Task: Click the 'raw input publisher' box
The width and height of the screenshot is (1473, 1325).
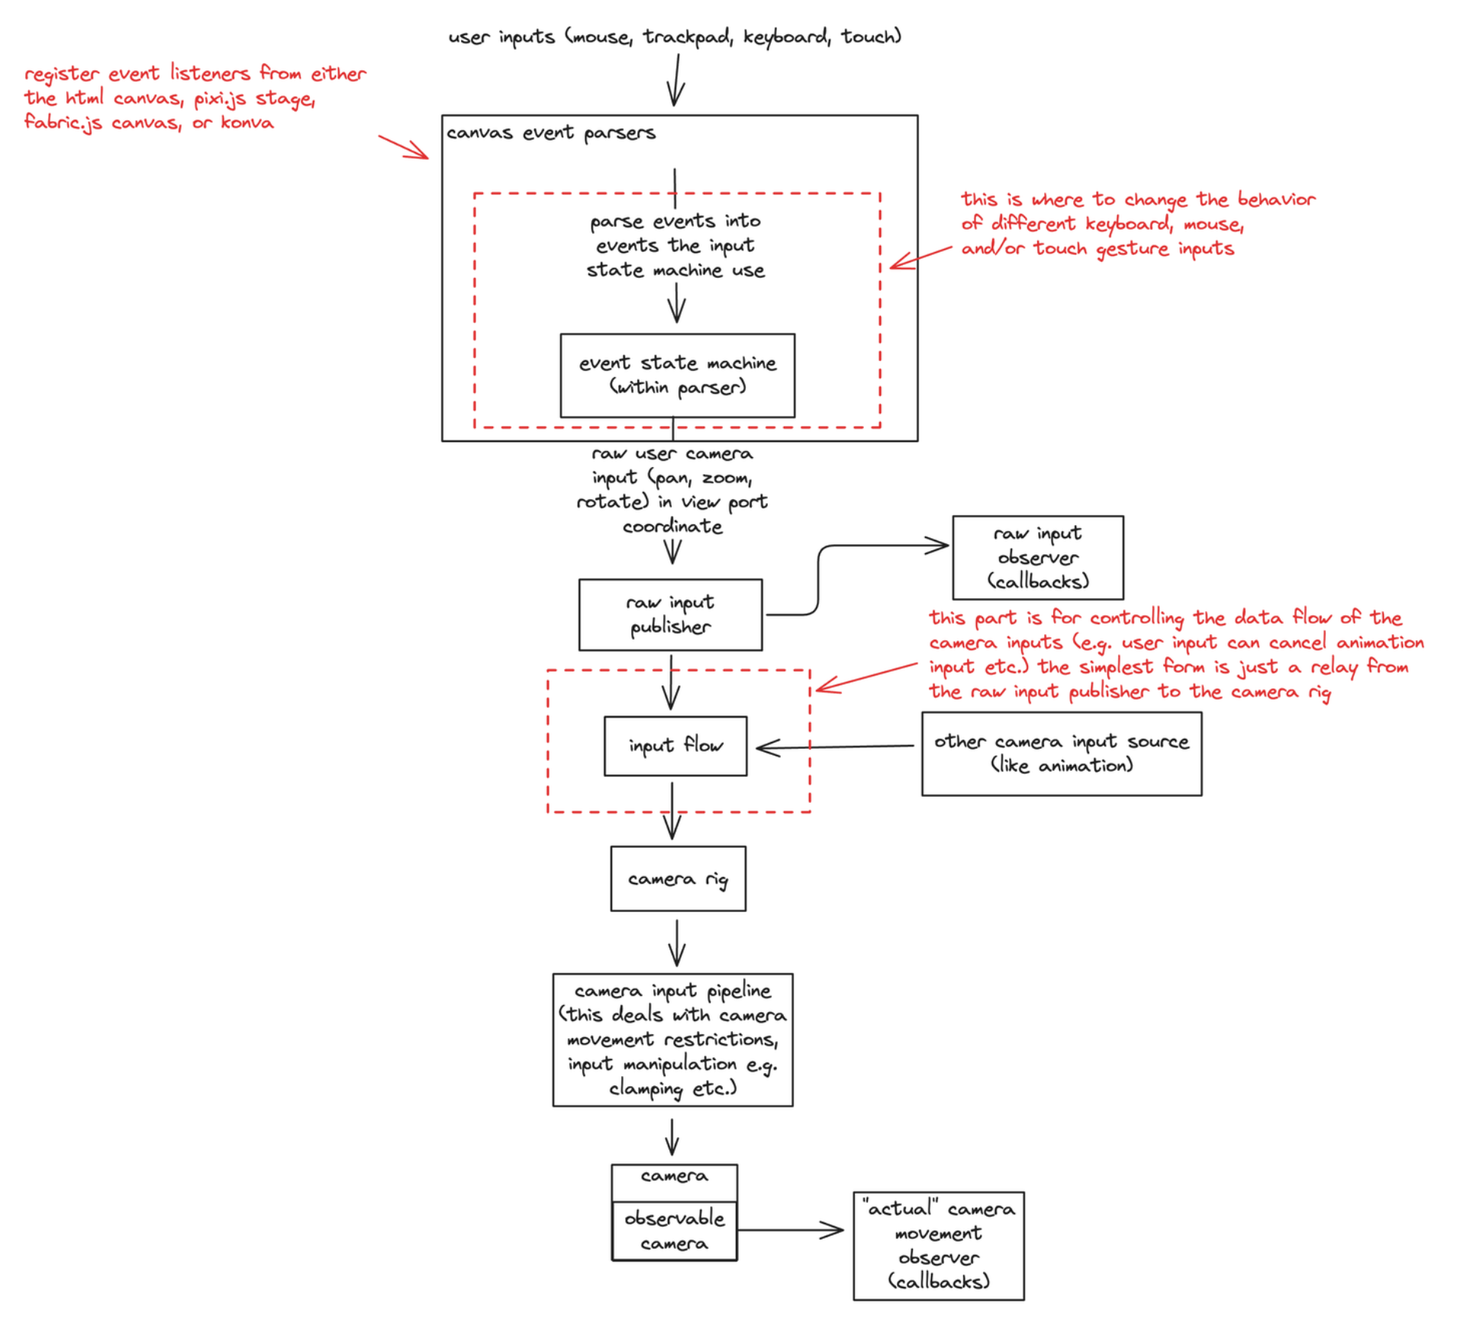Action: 670,615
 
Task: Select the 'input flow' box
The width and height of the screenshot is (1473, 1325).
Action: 675,746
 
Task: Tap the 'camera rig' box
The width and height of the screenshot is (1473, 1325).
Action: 678,879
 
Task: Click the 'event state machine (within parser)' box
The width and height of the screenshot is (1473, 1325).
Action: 678,376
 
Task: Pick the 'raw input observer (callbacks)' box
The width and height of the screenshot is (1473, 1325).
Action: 1038,558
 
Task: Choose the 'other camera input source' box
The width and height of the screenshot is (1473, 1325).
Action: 1062,754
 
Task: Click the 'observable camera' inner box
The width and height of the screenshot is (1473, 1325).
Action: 675,1230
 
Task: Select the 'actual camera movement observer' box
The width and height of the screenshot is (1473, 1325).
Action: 939,1246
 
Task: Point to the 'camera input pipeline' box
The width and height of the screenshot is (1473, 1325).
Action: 673,1040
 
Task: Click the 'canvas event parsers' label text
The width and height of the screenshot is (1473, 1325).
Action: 551,133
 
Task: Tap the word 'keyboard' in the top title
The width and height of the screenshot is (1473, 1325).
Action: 786,37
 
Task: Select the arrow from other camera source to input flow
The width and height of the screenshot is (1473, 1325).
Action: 836,747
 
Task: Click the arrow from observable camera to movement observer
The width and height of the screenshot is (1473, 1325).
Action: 790,1230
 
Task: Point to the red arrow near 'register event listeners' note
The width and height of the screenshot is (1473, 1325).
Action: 404,147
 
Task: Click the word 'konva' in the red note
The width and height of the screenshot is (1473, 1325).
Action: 247,123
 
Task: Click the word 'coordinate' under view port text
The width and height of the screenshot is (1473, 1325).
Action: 672,527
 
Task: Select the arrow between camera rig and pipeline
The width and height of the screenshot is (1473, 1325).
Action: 677,943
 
